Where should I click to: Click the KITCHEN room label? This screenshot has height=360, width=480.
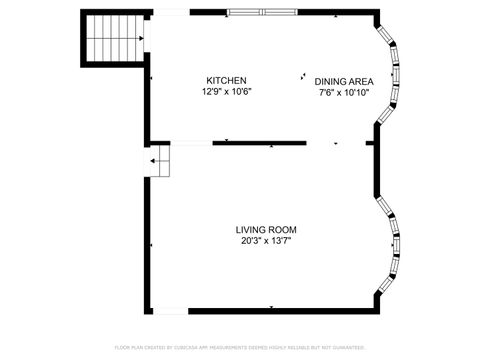pos(226,81)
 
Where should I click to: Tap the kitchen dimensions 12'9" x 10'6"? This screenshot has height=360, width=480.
pos(226,92)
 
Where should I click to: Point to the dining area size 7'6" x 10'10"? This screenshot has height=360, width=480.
pos(344,93)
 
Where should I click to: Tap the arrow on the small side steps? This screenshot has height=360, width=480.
pos(156,160)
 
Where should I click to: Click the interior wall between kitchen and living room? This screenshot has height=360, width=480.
pos(258,143)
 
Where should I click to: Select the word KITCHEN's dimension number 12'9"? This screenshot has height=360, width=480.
pos(211,92)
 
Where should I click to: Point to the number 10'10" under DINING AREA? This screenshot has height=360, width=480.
pos(357,93)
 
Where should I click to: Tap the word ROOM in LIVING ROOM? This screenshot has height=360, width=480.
pos(283,229)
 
